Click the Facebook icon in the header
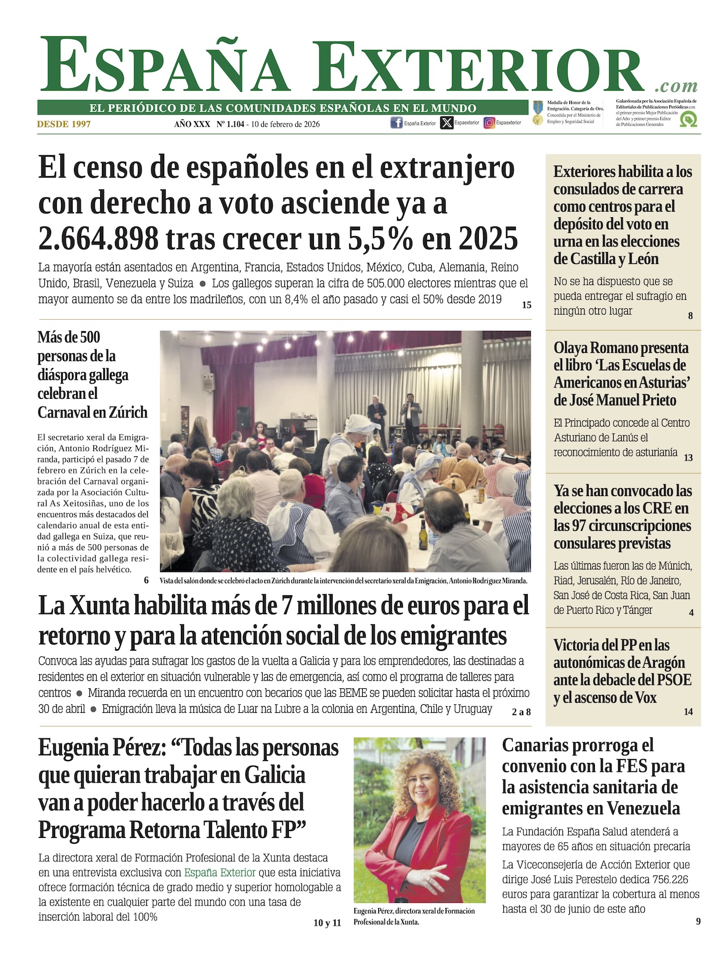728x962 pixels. pos(396,123)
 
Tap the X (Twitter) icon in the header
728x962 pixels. pos(446,123)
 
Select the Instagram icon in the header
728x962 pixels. pos(489,123)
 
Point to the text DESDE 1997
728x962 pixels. pos(64,124)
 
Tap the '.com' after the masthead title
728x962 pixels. pos(676,86)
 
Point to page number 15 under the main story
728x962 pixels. pos(527,305)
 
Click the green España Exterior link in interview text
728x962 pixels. pos(220,873)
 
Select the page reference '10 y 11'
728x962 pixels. pos(327,923)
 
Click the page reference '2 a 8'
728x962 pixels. pos(521,712)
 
